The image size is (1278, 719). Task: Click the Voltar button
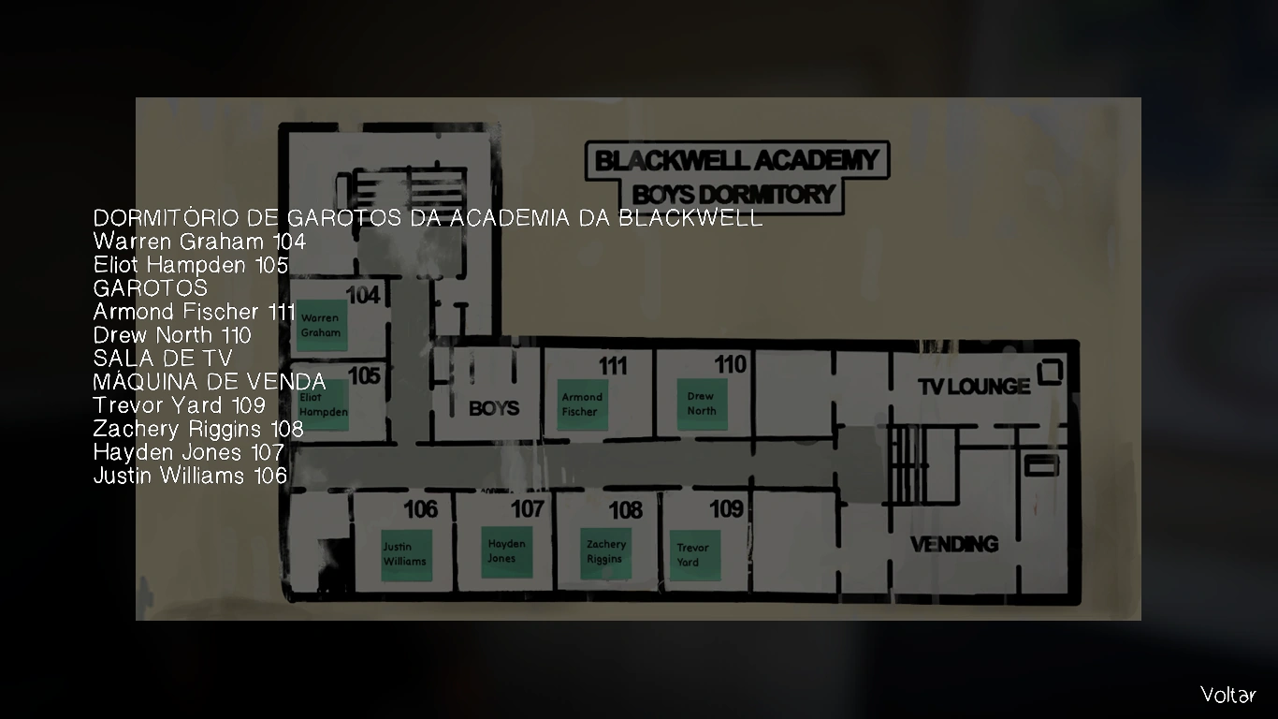point(1227,695)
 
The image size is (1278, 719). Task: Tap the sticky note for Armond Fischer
point(583,404)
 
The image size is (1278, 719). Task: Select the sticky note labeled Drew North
point(702,404)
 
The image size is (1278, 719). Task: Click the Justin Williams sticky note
point(405,554)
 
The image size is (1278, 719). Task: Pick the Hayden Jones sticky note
point(506,551)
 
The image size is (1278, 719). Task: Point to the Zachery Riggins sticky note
point(605,551)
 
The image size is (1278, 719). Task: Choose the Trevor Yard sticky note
point(694,555)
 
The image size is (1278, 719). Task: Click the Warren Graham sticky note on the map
point(321,326)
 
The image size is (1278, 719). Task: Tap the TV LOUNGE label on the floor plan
point(974,386)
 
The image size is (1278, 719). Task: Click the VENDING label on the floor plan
point(954,544)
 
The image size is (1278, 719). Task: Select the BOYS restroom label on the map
point(494,408)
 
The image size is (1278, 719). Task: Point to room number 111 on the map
point(613,365)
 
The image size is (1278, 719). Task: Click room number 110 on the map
point(731,364)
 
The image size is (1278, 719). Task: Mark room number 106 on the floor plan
point(421,509)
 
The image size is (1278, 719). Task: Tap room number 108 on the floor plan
point(626,510)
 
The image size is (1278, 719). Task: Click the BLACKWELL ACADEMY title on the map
point(737,160)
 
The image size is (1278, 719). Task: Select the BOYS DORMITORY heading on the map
point(733,195)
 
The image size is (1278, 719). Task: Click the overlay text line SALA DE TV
point(163,359)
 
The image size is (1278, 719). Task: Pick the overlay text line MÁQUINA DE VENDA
point(210,382)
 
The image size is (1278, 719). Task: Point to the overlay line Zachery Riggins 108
point(198,429)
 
